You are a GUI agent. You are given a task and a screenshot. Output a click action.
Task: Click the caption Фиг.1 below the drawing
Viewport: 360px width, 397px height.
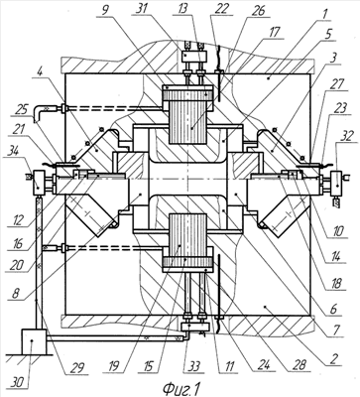click(181, 388)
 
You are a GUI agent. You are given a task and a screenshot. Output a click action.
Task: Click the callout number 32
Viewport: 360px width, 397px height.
click(343, 136)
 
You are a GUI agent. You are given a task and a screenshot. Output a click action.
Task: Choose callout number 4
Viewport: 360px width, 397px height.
click(39, 80)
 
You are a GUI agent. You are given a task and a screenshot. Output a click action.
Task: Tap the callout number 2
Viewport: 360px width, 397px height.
click(334, 357)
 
